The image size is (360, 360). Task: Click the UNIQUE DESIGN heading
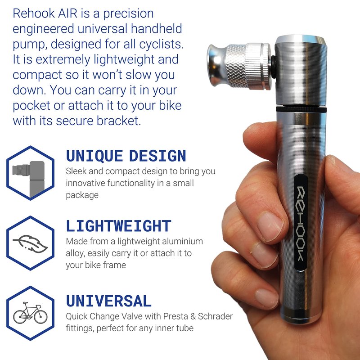pyautogui.click(x=126, y=156)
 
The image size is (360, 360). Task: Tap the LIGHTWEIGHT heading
pyautogui.click(x=118, y=226)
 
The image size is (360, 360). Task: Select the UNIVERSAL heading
pyautogui.click(x=108, y=301)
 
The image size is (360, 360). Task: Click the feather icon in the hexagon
pyautogui.click(x=30, y=243)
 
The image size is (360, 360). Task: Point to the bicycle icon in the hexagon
pyautogui.click(x=30, y=313)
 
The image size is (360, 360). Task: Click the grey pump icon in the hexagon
pyautogui.click(x=28, y=179)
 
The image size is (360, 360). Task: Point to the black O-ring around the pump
pyautogui.click(x=301, y=109)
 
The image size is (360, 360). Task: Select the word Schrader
pyautogui.click(x=215, y=316)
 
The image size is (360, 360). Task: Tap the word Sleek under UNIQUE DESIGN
pyautogui.click(x=76, y=171)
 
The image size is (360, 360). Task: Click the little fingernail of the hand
pyautogui.click(x=267, y=298)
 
